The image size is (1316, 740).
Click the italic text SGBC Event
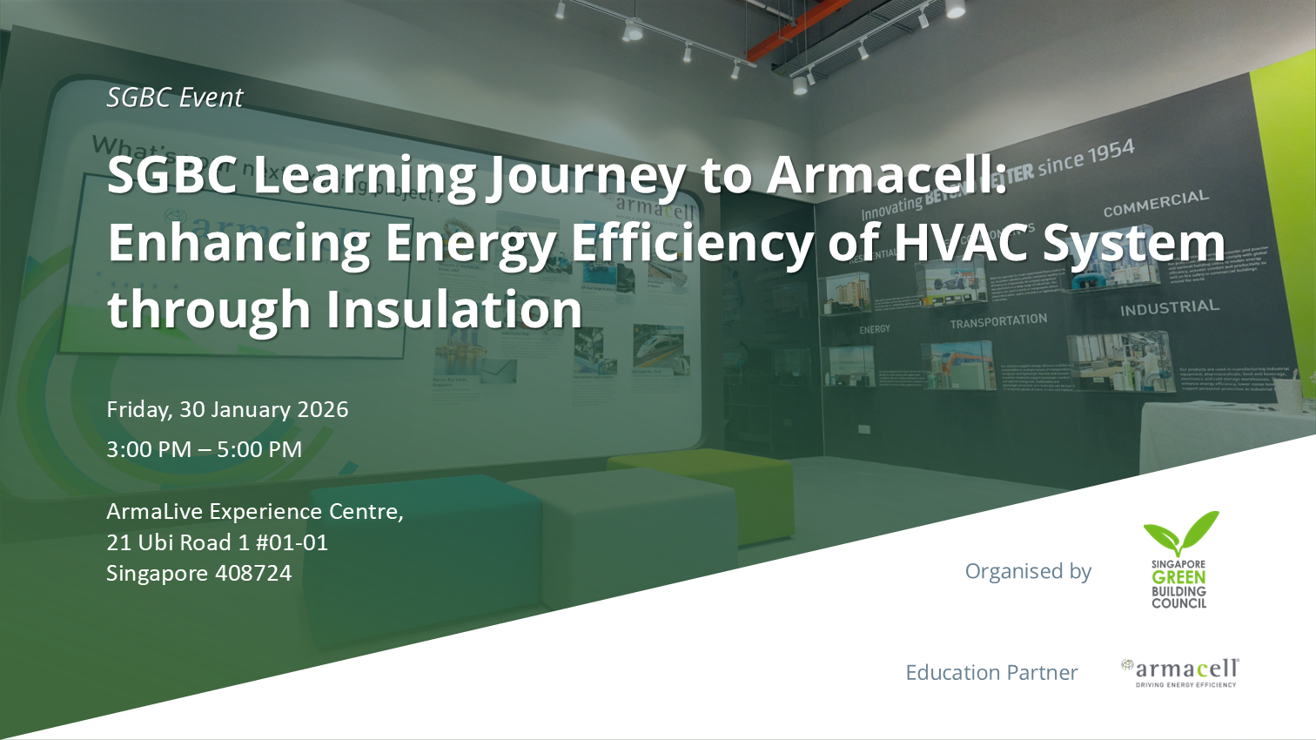point(174,98)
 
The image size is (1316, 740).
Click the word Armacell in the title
point(886,174)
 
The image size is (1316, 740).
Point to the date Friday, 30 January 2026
point(227,409)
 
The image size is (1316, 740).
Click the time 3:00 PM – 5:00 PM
point(204,449)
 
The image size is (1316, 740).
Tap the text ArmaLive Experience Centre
point(254,511)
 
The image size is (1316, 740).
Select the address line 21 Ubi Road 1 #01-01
point(217,542)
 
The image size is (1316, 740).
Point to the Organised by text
point(1028,571)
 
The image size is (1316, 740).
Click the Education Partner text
point(991,672)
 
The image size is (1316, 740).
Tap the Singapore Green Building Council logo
point(1179,560)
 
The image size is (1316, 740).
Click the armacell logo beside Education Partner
point(1181,672)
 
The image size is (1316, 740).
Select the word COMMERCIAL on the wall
point(1156,204)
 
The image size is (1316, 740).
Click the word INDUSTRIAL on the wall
point(1169,308)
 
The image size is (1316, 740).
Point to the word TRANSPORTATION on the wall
point(998,321)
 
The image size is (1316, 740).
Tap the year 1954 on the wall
point(1111,151)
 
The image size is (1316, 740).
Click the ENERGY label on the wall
point(874,329)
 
